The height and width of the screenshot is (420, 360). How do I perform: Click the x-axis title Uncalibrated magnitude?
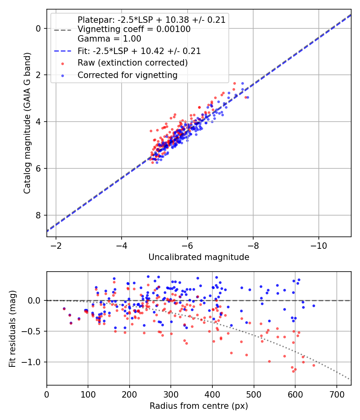click(199, 257)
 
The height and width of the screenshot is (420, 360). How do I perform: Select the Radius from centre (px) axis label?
click(199, 406)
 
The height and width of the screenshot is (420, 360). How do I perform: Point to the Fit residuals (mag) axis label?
click(12, 328)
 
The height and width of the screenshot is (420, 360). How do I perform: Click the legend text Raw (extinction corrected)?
click(132, 63)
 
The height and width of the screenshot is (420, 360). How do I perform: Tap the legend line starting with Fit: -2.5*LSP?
click(139, 51)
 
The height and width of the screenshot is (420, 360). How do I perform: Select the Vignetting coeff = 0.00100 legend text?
click(134, 29)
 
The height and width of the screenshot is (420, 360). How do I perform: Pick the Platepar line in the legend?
click(152, 20)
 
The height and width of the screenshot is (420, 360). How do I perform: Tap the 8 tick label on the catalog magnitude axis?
click(38, 215)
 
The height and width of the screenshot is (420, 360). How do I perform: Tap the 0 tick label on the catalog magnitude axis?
click(38, 28)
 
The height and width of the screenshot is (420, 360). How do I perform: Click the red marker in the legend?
click(62, 63)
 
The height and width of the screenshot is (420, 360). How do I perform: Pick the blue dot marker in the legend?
click(62, 75)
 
